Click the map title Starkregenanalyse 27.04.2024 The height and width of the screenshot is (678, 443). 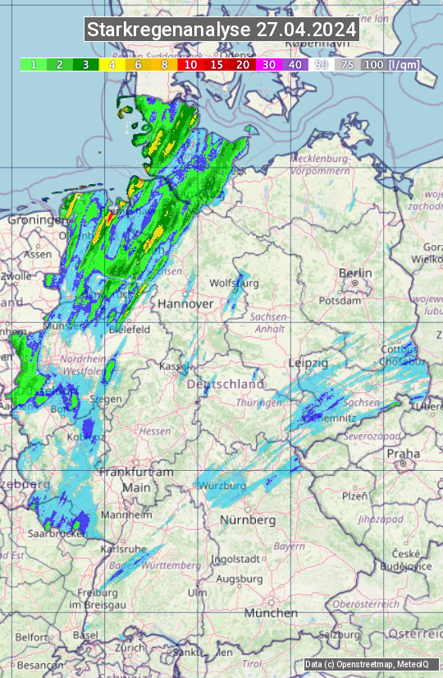coord(221,30)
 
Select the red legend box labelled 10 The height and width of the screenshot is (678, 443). coord(190,64)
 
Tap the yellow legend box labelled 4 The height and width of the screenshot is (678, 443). coord(112,64)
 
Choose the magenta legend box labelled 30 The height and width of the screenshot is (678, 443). coord(268,64)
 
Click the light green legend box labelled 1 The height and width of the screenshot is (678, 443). coord(34,64)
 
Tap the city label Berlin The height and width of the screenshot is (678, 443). coord(355,274)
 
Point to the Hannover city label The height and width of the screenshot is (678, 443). coord(185,303)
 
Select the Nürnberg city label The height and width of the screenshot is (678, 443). coord(248,520)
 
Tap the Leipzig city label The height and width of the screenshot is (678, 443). coord(308,362)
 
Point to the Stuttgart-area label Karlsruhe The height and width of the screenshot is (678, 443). coord(123,548)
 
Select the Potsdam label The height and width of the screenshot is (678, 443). coord(357,301)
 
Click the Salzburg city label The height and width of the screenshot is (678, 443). coord(340,634)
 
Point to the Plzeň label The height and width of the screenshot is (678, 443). coord(354,496)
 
